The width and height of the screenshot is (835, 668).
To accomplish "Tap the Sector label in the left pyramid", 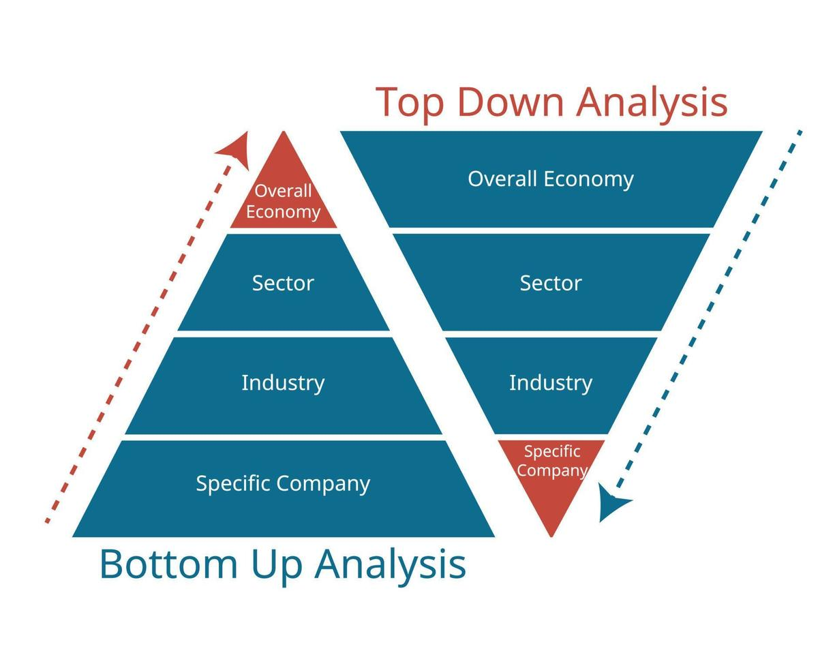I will pos(283,283).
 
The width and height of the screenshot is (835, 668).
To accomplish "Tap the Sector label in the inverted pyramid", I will pos(551,283).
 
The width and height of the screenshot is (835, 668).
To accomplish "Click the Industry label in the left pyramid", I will pos(283,382).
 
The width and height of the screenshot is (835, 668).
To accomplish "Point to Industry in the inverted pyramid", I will pos(551,382).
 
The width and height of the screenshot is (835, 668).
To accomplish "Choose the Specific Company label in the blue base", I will pos(283,483).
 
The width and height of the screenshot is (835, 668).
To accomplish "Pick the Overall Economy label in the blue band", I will pos(551,179).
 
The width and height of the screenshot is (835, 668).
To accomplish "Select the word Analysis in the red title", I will pos(652,102).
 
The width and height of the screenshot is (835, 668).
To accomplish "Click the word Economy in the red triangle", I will pos(283,212).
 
